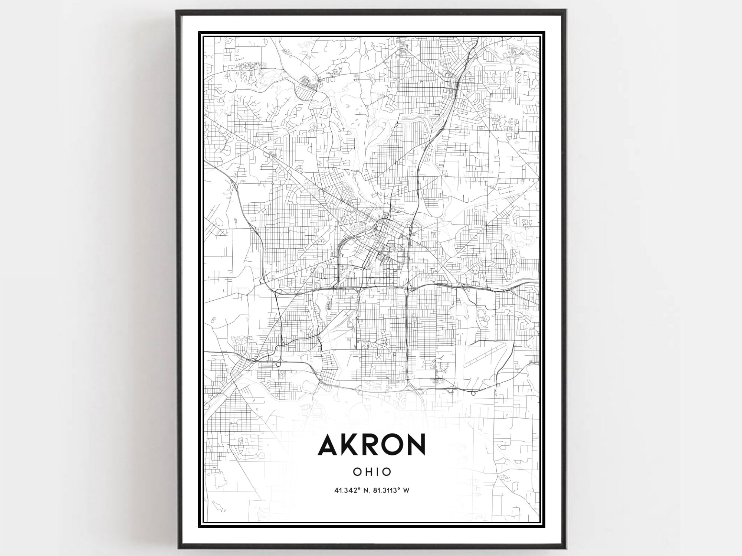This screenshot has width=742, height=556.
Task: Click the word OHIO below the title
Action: coord(372,472)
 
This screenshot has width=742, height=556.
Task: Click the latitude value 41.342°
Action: coord(348,490)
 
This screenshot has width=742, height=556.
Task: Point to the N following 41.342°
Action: coord(367,490)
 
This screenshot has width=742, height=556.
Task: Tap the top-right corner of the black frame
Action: coord(564,11)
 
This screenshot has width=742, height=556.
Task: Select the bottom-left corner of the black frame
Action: coord(178,547)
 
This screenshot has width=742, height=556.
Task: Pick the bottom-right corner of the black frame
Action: coord(564,547)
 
